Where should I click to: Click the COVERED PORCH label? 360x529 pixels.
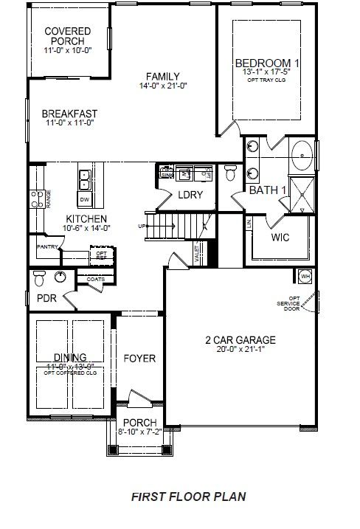click(67, 35)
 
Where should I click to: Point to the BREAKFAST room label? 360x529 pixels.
click(69, 113)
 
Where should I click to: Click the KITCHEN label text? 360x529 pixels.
click(86, 219)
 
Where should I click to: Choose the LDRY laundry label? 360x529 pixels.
click(190, 195)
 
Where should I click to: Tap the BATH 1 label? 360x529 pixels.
click(267, 190)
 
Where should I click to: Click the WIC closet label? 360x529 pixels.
click(280, 238)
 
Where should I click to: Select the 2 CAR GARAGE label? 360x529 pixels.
click(240, 340)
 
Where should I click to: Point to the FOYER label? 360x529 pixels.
click(139, 359)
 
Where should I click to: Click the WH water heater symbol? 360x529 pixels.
click(305, 276)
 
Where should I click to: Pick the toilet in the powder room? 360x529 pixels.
click(41, 277)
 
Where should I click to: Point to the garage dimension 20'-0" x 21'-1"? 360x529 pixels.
click(240, 350)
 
